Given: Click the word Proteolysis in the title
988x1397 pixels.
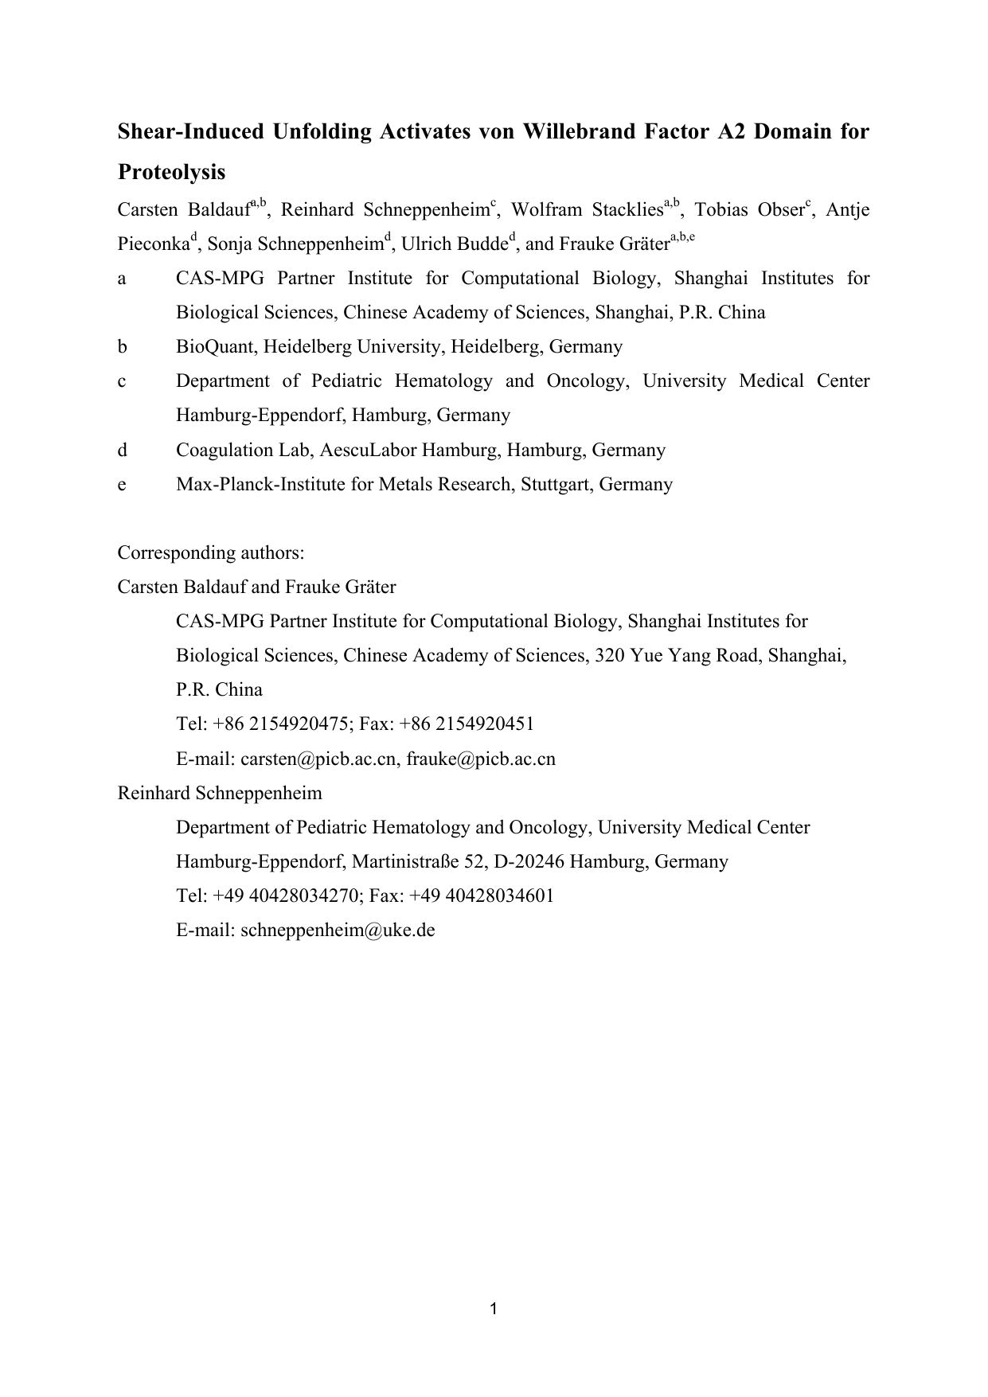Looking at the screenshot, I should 171,172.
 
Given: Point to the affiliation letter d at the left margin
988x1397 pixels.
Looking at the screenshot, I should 122,450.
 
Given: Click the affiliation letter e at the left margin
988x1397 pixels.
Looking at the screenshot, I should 122,484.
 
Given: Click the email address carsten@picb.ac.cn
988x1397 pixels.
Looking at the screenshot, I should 318,759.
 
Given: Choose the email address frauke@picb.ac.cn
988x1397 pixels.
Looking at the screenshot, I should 481,759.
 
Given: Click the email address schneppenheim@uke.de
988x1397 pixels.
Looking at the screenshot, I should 338,930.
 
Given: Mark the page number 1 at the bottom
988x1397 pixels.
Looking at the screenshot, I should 494,1309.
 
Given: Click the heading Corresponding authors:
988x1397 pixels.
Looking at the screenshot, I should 211,552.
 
